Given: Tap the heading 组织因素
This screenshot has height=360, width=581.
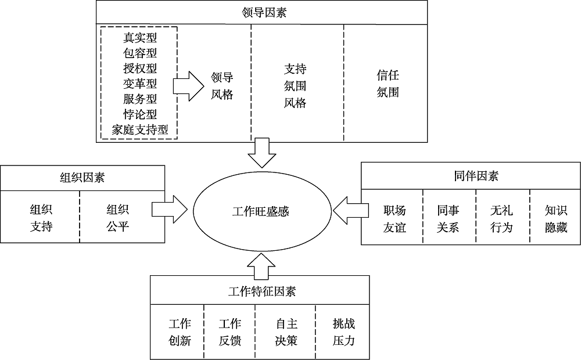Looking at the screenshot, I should coord(83,178).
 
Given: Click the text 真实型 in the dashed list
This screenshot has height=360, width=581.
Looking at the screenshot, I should coord(140,38).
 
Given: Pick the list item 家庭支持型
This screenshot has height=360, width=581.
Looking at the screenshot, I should coord(140,129).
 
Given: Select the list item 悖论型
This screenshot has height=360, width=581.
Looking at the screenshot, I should coord(140,114).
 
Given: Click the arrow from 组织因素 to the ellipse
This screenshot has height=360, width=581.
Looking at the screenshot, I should coord(169,210).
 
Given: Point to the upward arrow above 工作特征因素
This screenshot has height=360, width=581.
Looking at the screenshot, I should coord(259,265).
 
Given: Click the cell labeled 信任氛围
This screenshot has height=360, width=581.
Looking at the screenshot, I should coord(388,84).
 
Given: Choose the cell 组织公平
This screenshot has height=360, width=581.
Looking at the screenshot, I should coord(117,217).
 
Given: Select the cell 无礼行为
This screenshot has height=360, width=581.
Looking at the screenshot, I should coord(501,218).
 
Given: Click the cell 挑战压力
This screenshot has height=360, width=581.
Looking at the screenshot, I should coord(343,332).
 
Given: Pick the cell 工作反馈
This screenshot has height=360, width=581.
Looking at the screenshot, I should coord(230,332).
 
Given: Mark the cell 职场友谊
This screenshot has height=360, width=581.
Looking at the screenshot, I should coord(394,218).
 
